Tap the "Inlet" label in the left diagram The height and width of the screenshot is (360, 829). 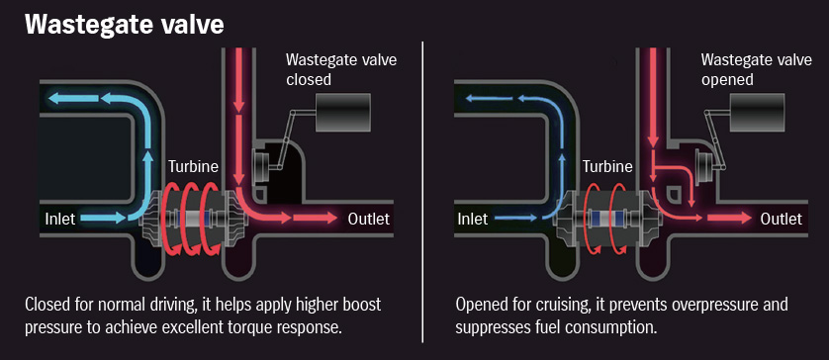click(x=62, y=217)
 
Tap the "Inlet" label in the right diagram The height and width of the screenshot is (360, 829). click(x=475, y=217)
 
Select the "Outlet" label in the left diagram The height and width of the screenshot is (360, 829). click(x=368, y=219)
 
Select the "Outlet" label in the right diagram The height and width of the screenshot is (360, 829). click(x=782, y=219)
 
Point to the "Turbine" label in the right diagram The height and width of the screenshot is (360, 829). click(x=607, y=166)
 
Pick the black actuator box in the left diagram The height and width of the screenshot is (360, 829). click(x=341, y=114)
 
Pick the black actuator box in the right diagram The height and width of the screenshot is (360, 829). click(x=756, y=114)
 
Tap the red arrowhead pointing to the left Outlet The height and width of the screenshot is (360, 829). click(x=330, y=219)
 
